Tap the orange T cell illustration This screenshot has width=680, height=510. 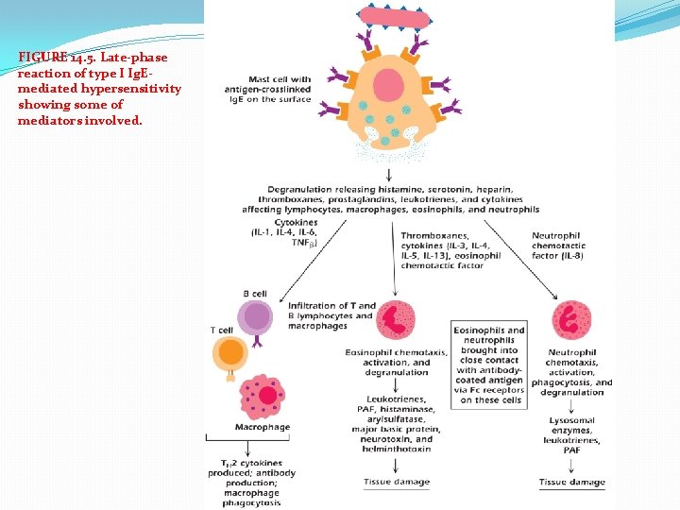[x=231, y=356]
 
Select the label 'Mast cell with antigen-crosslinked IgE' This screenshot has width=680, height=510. [x=267, y=90]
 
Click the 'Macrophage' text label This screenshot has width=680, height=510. [x=262, y=428]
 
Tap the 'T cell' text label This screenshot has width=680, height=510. [x=221, y=330]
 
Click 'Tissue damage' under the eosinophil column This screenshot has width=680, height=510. [x=396, y=482]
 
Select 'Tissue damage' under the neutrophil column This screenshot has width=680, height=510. [x=571, y=482]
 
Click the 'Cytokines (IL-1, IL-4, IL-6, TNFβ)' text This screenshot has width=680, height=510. [x=284, y=232]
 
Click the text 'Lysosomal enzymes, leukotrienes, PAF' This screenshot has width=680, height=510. [x=571, y=433]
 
